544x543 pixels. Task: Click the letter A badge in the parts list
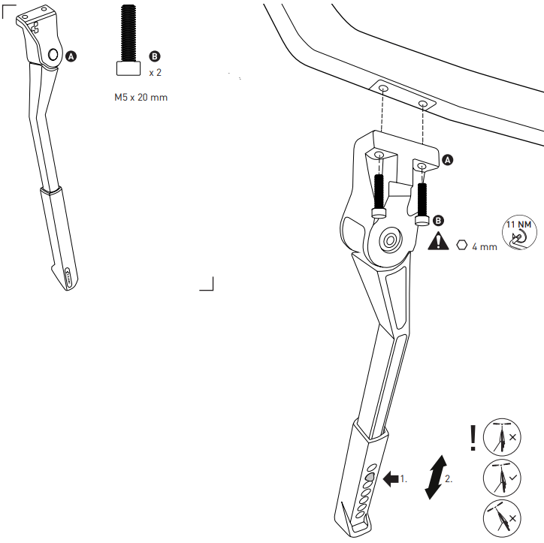(71, 56)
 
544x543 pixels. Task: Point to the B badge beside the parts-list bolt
(156, 56)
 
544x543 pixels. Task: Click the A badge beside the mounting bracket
(448, 160)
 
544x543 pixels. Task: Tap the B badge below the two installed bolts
(439, 221)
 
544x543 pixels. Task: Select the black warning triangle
(439, 243)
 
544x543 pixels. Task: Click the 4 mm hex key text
(485, 246)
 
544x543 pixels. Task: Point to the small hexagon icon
(461, 244)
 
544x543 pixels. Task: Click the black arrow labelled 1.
(391, 478)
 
